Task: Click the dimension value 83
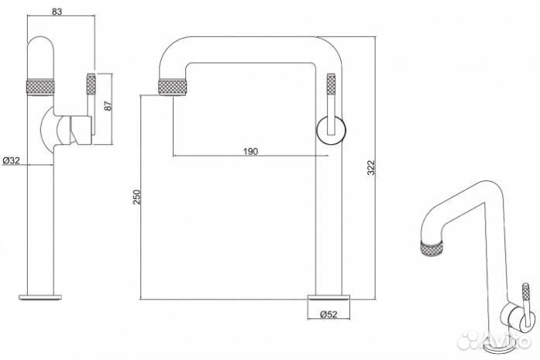(x=57, y=12)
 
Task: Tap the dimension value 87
(x=108, y=105)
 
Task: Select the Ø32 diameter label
(x=12, y=160)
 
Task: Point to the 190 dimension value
(x=250, y=152)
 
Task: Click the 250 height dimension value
(x=137, y=197)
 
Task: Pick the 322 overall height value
(x=371, y=167)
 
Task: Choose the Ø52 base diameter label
(x=328, y=314)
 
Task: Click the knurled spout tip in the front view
(x=173, y=87)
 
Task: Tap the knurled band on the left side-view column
(x=40, y=87)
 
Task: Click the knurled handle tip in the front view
(x=331, y=84)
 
